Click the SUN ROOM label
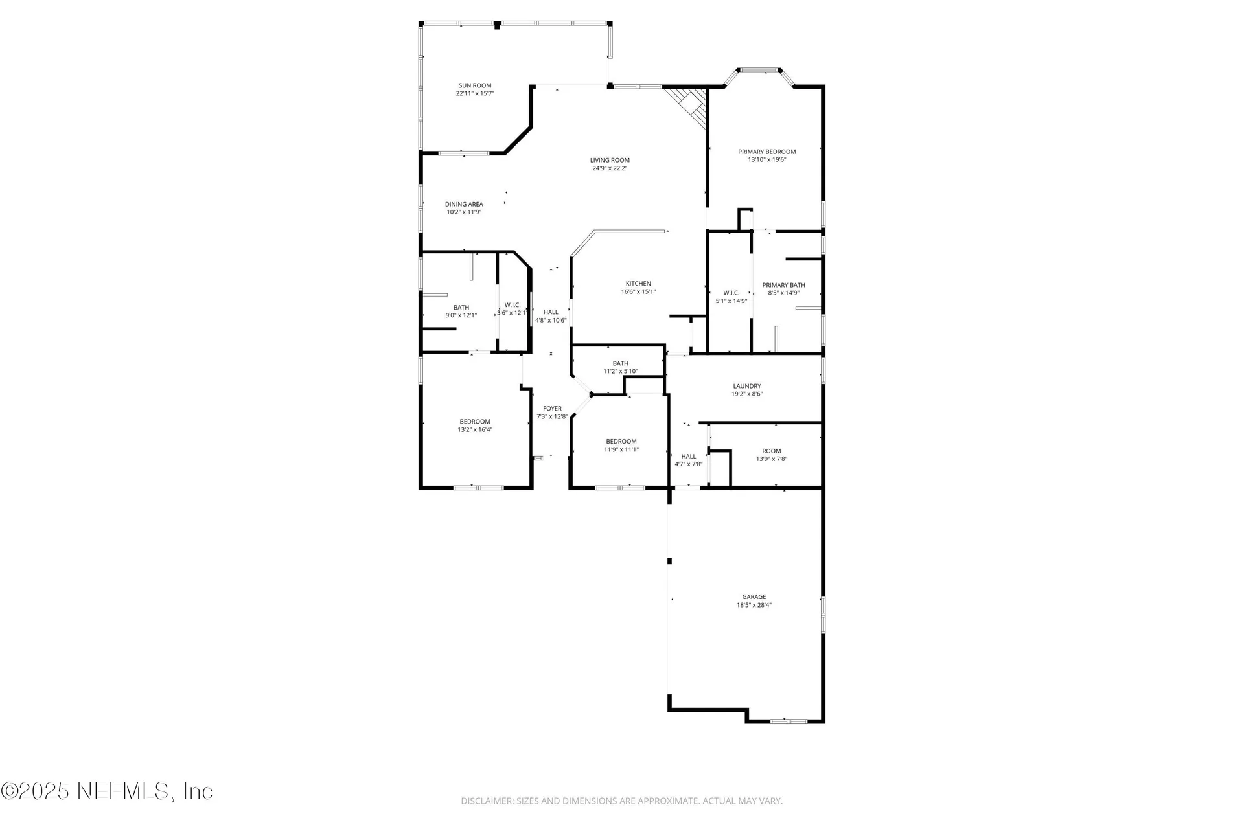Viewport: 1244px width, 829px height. coord(475,85)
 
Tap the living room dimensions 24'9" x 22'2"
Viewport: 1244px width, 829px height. coord(610,168)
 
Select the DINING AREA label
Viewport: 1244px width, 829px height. coord(464,204)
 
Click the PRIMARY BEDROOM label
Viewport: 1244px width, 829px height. coord(766,152)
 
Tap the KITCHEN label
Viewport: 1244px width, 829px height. coord(638,284)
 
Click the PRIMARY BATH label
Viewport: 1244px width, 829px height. coord(783,285)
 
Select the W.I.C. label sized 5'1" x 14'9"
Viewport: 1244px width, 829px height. coord(731,293)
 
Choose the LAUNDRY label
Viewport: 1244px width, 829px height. coord(747,386)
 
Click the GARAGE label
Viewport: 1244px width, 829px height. coord(754,597)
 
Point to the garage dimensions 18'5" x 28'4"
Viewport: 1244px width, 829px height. coord(754,606)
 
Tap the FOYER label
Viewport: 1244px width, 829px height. coord(552,409)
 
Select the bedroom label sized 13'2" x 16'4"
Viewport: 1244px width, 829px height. coord(475,422)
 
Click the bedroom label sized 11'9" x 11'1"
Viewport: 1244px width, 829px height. coord(621,442)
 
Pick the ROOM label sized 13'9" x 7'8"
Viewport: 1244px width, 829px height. coord(772,451)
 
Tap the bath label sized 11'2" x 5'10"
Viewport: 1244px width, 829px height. coord(621,363)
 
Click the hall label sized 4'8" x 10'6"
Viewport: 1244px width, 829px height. coord(551,312)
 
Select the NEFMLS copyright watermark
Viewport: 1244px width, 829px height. coord(107,791)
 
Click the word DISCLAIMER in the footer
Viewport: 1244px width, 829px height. coord(486,801)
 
